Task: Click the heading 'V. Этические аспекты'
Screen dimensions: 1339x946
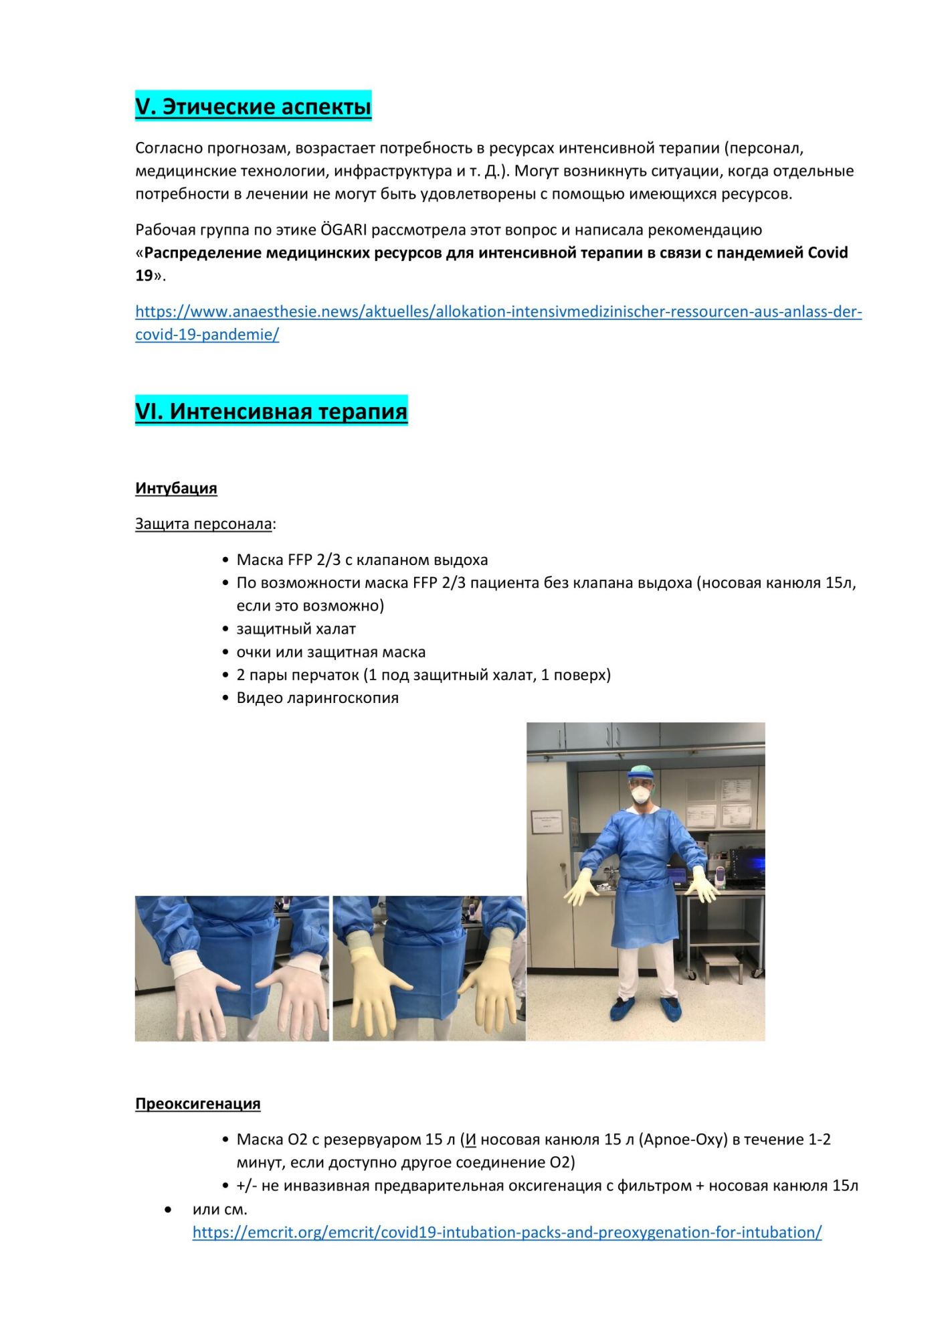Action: [253, 106]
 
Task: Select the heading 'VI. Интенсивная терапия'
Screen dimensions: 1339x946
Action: [271, 411]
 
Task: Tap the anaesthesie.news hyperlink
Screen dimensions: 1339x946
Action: [498, 312]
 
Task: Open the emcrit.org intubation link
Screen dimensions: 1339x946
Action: [506, 1233]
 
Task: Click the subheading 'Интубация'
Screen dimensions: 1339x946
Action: [176, 488]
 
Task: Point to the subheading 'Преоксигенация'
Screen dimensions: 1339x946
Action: [197, 1103]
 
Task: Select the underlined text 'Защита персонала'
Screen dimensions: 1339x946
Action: [203, 524]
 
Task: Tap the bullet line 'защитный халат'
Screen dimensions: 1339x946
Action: [296, 629]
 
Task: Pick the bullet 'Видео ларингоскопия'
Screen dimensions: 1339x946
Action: [317, 698]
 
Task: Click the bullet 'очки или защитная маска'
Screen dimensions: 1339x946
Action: [330, 652]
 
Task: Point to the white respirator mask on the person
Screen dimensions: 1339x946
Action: [640, 795]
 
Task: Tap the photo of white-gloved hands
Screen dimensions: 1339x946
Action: [231, 968]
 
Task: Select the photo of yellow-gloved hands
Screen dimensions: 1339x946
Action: [429, 968]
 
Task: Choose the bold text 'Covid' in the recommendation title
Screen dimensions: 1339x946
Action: [828, 253]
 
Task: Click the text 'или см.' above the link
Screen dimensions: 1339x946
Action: [219, 1209]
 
